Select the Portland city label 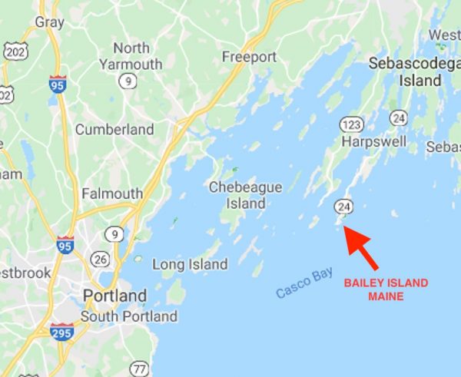115,296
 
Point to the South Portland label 129,316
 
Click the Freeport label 249,57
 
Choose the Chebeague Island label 245,195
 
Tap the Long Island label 190,264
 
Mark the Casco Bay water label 305,283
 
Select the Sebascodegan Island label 407,71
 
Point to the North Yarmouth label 131,56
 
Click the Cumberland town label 114,130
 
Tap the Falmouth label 112,193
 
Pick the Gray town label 49,22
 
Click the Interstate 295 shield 61,332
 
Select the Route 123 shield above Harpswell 352,124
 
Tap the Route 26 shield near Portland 101,260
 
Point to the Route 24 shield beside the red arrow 344,207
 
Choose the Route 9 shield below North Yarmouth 127,80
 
